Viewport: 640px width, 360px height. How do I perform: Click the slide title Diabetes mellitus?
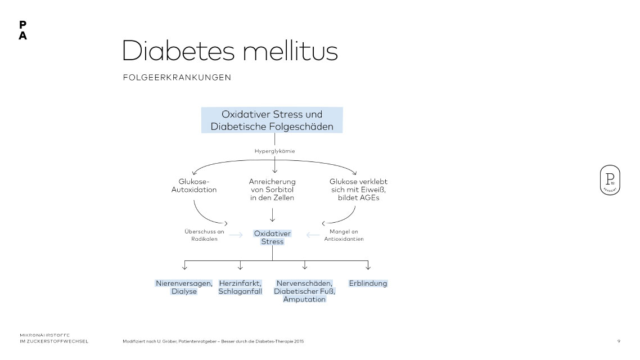pyautogui.click(x=229, y=51)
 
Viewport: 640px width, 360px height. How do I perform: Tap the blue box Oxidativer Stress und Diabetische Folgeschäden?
pyautogui.click(x=272, y=120)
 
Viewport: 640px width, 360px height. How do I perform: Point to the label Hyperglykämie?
pyautogui.click(x=274, y=151)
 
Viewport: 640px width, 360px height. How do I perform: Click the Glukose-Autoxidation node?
pyautogui.click(x=194, y=186)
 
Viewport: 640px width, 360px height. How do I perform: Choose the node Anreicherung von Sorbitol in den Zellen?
pyautogui.click(x=272, y=190)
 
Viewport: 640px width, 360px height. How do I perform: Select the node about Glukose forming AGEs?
pyautogui.click(x=358, y=190)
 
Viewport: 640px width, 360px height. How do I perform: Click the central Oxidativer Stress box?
pyautogui.click(x=272, y=237)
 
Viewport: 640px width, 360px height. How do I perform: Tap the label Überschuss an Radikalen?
pyautogui.click(x=205, y=235)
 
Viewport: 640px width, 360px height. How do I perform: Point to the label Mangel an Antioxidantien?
pyautogui.click(x=344, y=235)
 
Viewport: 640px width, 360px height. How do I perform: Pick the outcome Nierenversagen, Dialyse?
pyautogui.click(x=184, y=287)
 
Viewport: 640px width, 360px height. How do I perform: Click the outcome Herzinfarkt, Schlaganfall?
pyautogui.click(x=240, y=287)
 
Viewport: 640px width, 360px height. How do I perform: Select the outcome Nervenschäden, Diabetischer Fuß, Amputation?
pyautogui.click(x=304, y=291)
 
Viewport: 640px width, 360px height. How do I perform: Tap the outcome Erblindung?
pyautogui.click(x=368, y=283)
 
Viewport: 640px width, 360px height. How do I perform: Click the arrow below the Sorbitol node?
pyautogui.click(x=272, y=215)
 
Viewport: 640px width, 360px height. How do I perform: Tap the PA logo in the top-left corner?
pyautogui.click(x=22, y=30)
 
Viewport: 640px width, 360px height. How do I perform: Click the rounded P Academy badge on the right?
pyautogui.click(x=610, y=181)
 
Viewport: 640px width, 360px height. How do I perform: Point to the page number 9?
pyautogui.click(x=619, y=341)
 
